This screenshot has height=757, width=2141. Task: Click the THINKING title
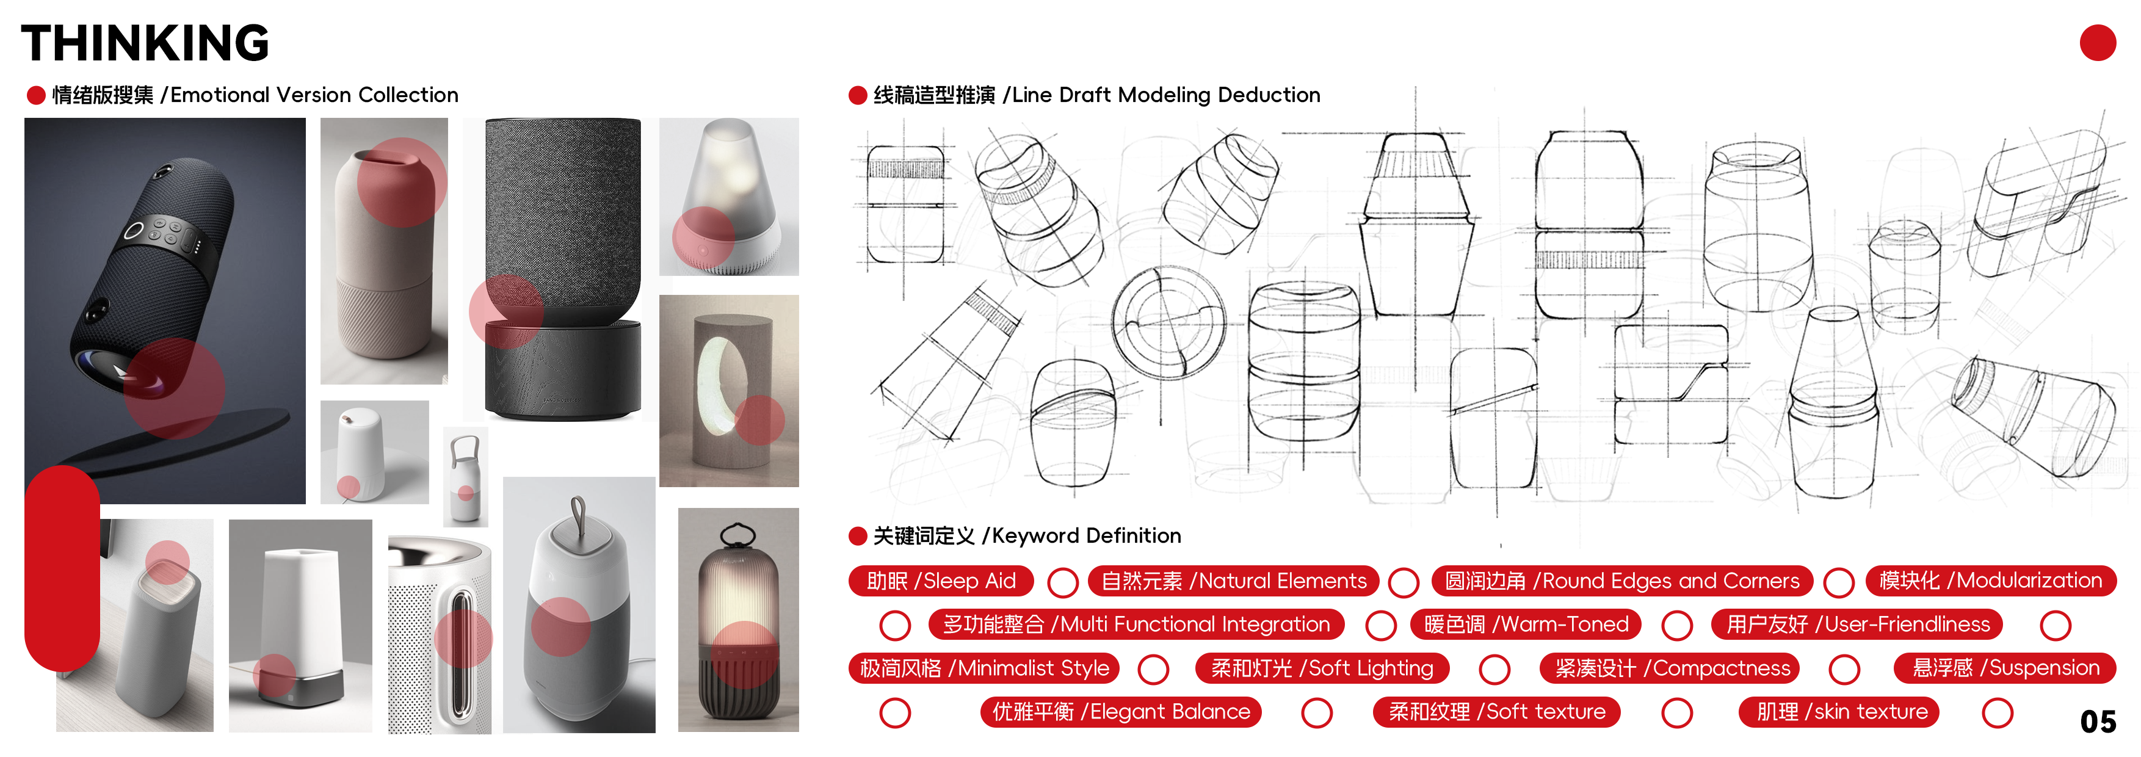click(145, 43)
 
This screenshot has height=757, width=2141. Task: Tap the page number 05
click(2097, 721)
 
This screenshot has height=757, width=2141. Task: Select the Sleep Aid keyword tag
click(940, 581)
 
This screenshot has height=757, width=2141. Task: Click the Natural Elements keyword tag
click(1233, 581)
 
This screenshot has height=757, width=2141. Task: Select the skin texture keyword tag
click(1840, 712)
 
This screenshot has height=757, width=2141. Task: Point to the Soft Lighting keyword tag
click(1322, 668)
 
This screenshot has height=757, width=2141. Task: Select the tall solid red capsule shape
click(62, 568)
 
